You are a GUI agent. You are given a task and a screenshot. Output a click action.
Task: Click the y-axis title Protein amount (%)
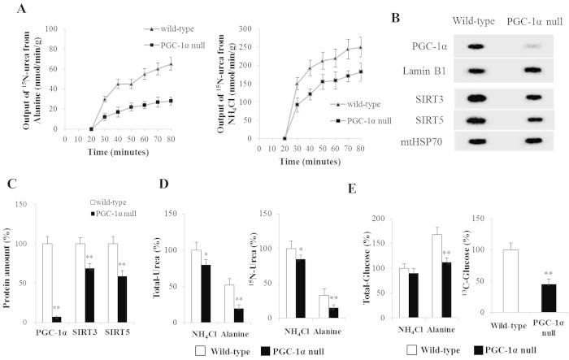(8, 267)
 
